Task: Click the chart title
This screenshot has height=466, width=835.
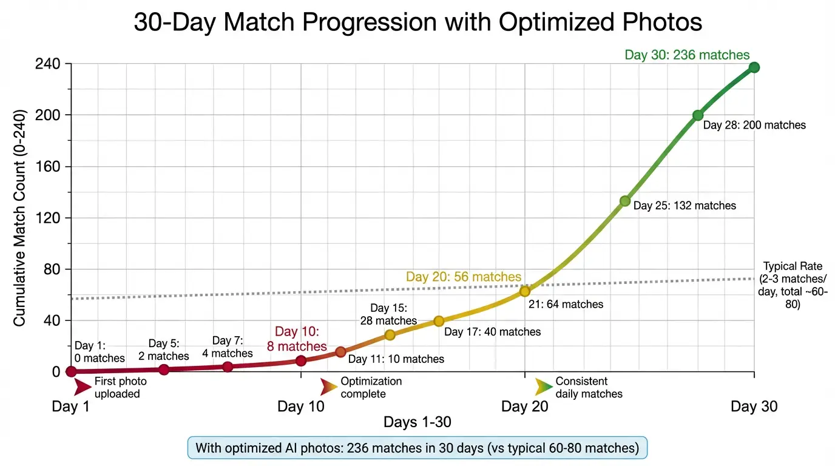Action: [417, 22]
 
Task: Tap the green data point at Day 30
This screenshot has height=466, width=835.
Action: [754, 67]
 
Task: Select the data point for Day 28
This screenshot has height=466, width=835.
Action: [698, 115]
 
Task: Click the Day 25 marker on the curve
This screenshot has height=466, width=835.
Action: [625, 201]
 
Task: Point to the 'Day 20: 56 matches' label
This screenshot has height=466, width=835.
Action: [464, 277]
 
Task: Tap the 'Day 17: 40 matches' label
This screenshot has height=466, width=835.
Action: [492, 332]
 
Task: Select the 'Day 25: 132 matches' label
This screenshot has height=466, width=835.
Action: [685, 206]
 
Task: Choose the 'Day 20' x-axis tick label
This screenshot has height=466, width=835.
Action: [524, 407]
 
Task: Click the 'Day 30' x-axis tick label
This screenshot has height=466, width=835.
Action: [754, 407]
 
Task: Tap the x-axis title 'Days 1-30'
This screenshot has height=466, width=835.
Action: [417, 422]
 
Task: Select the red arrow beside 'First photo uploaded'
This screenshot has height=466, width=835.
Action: [82, 387]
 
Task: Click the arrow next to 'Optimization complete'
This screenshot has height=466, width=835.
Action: [329, 387]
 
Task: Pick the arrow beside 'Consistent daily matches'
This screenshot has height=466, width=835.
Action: [544, 387]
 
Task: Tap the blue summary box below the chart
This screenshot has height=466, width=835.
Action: [417, 448]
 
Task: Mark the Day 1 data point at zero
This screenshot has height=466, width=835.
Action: [72, 371]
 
